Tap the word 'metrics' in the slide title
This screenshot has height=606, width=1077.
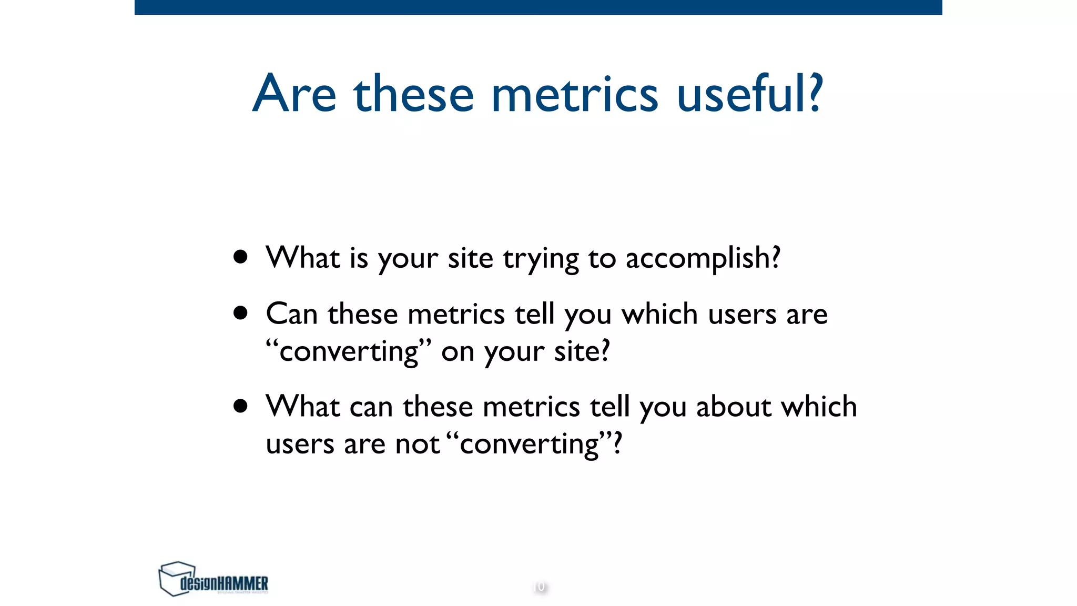pos(574,95)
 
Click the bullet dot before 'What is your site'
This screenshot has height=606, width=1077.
pos(241,257)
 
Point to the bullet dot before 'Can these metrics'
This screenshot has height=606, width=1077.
pos(241,314)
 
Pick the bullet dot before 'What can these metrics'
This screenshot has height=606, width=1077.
pos(241,406)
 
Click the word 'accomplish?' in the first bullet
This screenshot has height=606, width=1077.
pos(703,258)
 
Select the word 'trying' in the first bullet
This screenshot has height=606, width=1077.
pos(541,259)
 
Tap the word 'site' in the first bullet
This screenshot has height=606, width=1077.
pos(470,258)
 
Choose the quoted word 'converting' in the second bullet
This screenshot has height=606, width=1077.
pos(349,351)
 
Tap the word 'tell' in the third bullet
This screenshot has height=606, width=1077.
pos(609,407)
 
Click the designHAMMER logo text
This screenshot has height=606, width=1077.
pos(224,583)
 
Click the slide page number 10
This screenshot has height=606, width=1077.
pos(539,587)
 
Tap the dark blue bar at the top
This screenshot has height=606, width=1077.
pos(538,7)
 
